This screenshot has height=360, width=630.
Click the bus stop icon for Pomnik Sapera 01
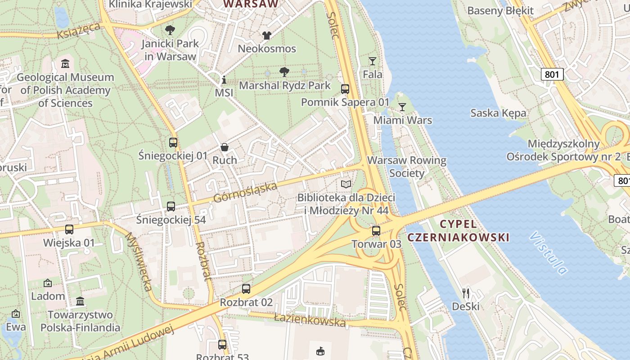(x=345, y=89)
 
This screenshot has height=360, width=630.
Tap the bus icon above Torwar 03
(x=376, y=231)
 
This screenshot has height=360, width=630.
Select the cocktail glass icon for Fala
(x=373, y=61)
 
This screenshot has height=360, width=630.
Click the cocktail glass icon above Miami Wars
(x=402, y=107)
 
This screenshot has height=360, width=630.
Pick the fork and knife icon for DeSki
(x=466, y=293)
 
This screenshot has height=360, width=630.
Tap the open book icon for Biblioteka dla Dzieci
(x=346, y=184)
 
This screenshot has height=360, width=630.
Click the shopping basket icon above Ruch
(x=224, y=147)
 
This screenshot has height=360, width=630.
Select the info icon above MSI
(x=224, y=80)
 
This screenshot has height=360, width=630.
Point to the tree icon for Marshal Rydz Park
(x=284, y=72)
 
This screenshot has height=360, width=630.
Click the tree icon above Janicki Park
(x=170, y=31)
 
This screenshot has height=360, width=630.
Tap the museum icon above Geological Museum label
(x=65, y=64)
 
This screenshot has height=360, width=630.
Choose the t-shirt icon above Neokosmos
(x=267, y=36)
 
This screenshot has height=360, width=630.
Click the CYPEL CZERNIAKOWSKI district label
(x=458, y=230)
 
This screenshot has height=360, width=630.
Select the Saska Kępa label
(x=498, y=113)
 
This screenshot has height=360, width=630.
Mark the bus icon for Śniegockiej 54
(x=171, y=207)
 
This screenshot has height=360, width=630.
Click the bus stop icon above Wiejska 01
(x=69, y=229)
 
